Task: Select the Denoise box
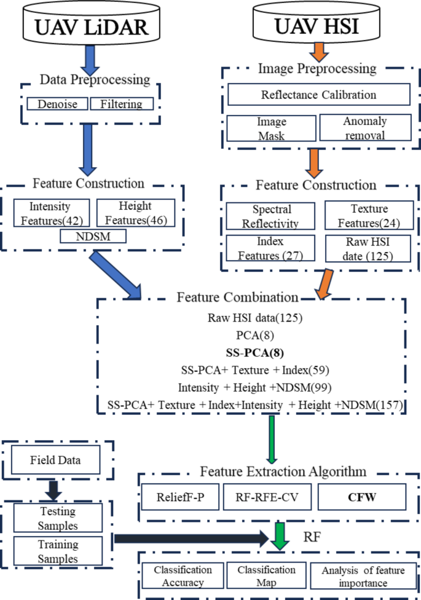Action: pos(58,104)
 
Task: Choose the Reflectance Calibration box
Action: pos(318,95)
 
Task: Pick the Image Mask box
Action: pos(272,128)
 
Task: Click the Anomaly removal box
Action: pos(364,128)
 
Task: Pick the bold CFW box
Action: pos(361,497)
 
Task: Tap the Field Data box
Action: pos(55,459)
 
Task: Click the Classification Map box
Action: pos(267,576)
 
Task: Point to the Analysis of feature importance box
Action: pos(363,576)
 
